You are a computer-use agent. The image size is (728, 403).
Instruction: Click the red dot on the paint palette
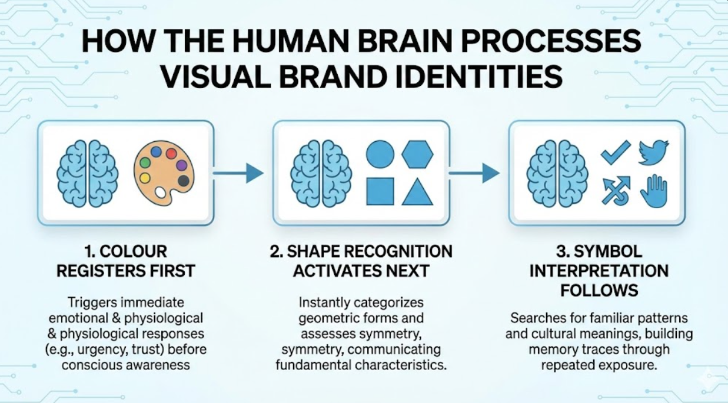[171, 154]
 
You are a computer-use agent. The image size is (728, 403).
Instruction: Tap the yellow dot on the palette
[144, 178]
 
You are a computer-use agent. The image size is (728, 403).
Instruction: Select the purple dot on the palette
[182, 165]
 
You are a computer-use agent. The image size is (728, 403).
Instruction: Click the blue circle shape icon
[380, 154]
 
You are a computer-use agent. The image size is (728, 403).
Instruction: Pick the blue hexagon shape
[417, 154]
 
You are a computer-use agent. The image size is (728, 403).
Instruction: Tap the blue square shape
[380, 191]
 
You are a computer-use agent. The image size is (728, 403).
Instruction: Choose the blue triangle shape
[417, 191]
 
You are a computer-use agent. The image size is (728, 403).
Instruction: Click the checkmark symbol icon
[615, 152]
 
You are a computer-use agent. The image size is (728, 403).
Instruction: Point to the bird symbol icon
[653, 152]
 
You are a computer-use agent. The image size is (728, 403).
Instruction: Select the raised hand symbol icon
[653, 191]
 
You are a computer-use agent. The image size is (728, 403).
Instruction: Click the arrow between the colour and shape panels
[238, 173]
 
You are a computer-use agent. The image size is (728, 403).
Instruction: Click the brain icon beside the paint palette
[87, 173]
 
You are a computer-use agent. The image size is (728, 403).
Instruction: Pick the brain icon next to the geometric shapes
[321, 173]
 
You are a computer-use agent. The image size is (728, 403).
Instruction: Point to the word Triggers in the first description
[92, 303]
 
